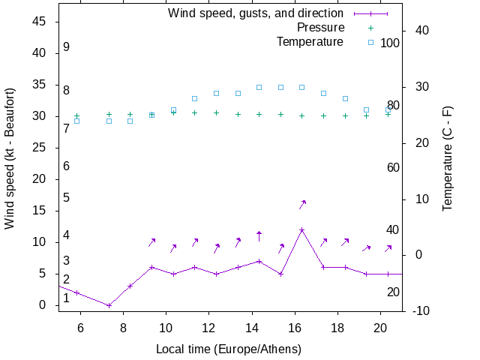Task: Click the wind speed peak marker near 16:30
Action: [x=301, y=230]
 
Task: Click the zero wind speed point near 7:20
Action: [x=109, y=305]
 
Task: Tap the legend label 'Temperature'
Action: [x=310, y=42]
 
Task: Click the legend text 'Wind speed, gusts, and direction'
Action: [x=255, y=13]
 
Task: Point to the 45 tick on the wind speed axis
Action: [x=40, y=22]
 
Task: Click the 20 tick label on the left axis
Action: [x=40, y=179]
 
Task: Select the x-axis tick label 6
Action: [x=80, y=327]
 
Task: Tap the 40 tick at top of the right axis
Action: [x=421, y=31]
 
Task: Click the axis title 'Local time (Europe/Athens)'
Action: [x=229, y=349]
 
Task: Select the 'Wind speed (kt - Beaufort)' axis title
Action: [x=10, y=163]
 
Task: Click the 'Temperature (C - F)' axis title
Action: [x=448, y=157]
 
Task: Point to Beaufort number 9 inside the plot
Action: [x=67, y=47]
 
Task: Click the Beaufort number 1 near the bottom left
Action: [x=67, y=298]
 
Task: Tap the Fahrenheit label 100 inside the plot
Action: [x=390, y=43]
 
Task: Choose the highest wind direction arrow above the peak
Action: [x=302, y=204]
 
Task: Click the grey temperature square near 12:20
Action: [x=216, y=93]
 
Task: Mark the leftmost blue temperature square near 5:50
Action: [x=76, y=121]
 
